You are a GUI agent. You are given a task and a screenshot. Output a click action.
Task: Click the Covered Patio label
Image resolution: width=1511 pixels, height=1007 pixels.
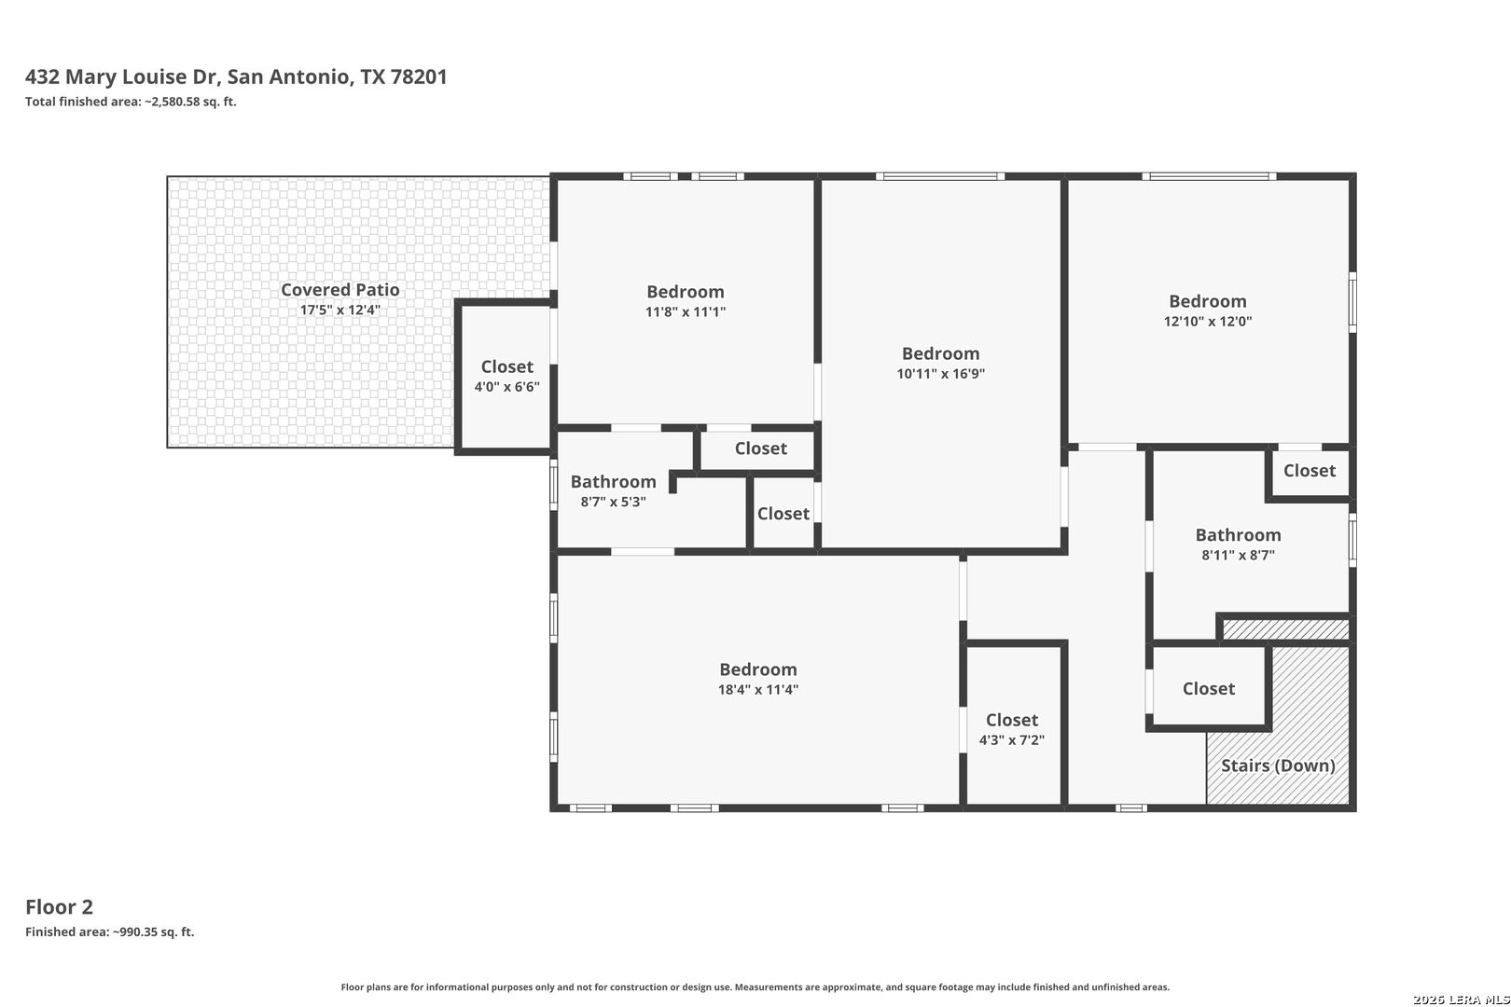click(340, 290)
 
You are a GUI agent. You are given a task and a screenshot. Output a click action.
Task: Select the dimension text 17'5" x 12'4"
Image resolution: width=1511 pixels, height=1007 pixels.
click(340, 310)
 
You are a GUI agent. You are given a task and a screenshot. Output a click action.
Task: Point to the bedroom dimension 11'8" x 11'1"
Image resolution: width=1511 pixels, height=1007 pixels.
click(686, 311)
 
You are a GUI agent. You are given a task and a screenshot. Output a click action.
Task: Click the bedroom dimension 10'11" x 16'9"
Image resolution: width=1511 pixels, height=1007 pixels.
click(940, 374)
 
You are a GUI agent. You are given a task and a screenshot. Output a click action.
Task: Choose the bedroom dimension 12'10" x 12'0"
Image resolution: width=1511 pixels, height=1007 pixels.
click(1208, 321)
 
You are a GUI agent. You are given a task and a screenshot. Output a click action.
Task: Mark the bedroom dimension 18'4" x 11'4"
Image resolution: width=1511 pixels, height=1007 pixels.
click(758, 689)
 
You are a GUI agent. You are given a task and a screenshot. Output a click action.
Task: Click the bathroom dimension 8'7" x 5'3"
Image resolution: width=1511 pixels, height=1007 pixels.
click(613, 502)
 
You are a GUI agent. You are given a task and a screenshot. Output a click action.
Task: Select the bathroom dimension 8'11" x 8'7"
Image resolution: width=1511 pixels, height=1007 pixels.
click(1238, 555)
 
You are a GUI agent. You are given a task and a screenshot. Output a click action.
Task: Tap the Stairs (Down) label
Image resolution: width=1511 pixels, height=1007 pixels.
click(1278, 766)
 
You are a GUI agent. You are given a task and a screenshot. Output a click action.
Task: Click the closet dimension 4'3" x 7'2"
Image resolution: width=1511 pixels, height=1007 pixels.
click(1012, 740)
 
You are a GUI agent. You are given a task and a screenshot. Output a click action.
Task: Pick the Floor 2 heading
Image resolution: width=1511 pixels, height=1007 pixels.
click(60, 907)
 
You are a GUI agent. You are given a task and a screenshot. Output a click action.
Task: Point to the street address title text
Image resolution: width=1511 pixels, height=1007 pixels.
click(236, 76)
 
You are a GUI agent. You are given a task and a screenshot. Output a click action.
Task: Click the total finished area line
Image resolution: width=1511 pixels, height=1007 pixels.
click(131, 102)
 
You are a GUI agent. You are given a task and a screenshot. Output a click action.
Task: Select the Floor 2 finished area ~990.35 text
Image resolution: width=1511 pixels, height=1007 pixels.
click(110, 932)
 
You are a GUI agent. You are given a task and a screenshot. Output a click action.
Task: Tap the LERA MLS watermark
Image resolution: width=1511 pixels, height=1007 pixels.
click(1461, 1000)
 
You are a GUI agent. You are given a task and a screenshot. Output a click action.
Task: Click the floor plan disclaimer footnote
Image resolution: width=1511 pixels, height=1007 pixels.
click(755, 986)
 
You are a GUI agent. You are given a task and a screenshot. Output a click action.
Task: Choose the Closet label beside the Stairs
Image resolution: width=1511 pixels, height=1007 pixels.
click(1208, 689)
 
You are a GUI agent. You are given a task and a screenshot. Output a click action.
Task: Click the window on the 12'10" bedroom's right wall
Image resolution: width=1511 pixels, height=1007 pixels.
click(1352, 302)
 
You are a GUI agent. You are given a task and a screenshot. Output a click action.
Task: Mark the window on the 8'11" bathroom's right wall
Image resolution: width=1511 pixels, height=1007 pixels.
click(1352, 540)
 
